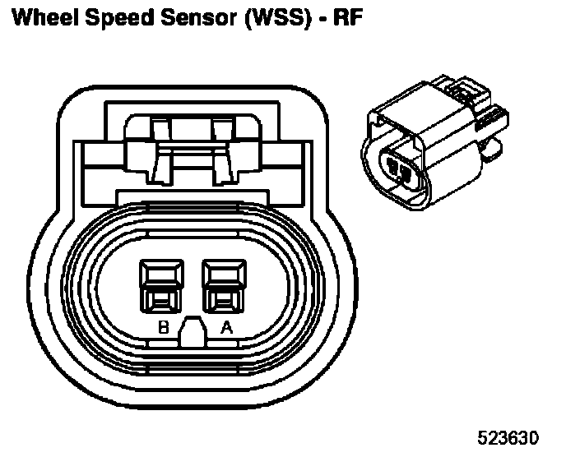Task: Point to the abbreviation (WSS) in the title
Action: pos(265,17)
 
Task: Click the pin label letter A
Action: pos(225,328)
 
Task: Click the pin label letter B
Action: pos(164,328)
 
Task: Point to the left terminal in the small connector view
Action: pos(395,169)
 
